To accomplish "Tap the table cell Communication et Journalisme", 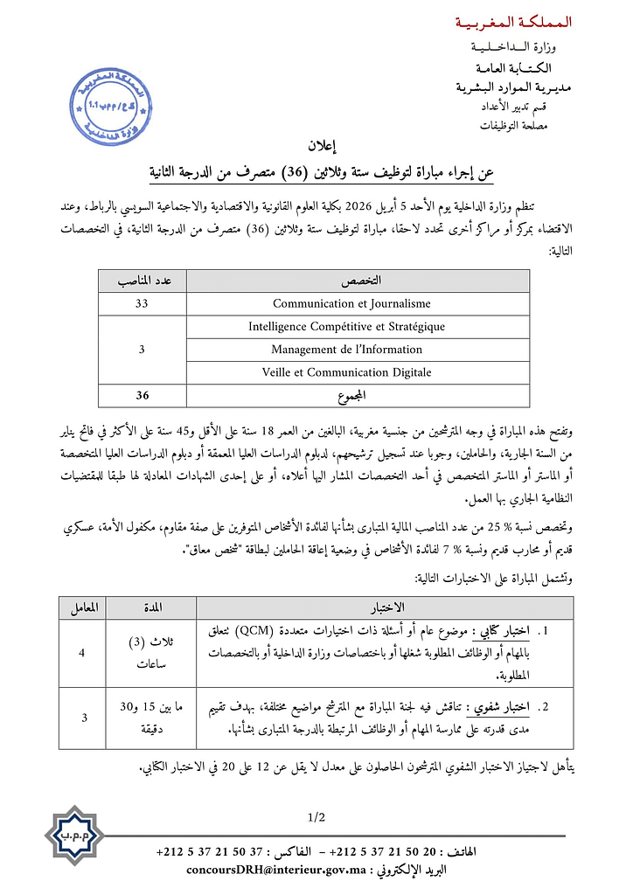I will (x=351, y=303).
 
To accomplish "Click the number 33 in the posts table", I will (x=142, y=303).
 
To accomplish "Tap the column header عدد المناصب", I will (x=142, y=281).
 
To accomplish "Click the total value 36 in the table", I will (x=142, y=395).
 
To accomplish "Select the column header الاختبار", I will (x=386, y=607).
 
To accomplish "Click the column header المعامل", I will (x=84, y=607).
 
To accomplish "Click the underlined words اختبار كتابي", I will (x=502, y=630).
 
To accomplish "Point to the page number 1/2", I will (x=316, y=817).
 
